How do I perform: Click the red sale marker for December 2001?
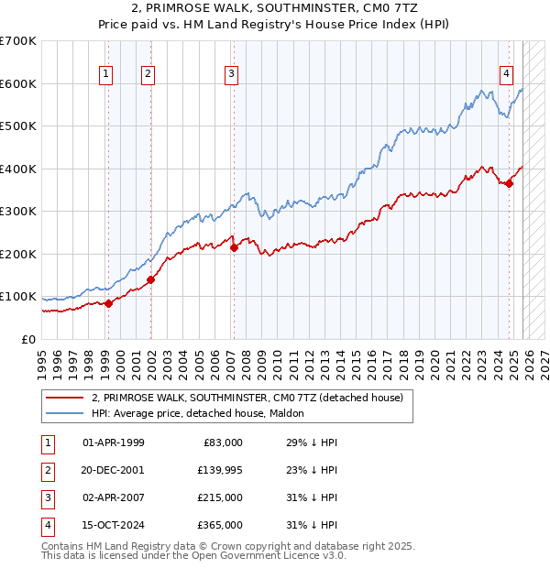point(150,279)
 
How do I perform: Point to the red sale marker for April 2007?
point(233,247)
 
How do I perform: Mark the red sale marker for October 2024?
point(510,183)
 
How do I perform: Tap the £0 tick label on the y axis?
point(29,340)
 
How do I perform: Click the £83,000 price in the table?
point(220,442)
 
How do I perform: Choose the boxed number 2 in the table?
point(46,470)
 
